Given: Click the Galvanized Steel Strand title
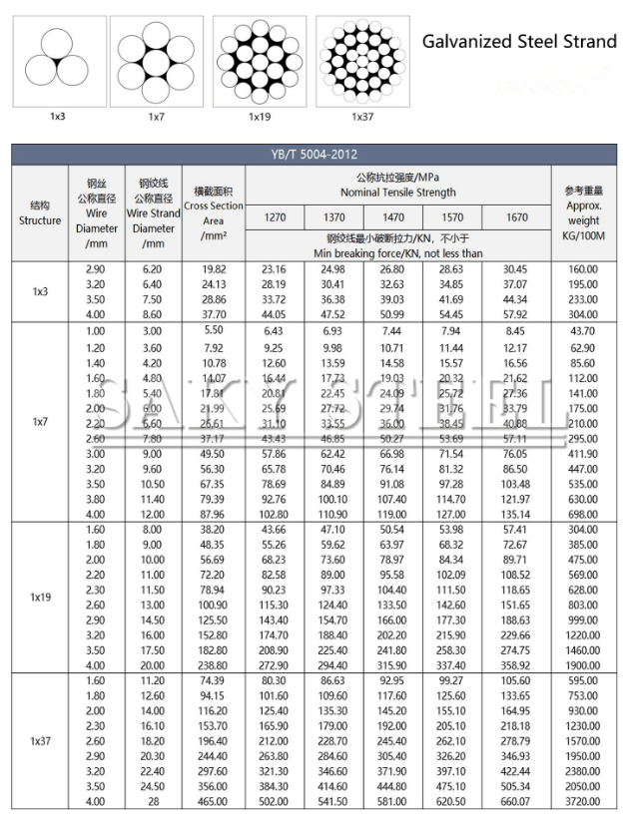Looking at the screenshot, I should (519, 42).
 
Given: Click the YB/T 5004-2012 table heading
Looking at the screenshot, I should (314, 154).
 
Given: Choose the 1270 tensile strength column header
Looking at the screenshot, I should (274, 216).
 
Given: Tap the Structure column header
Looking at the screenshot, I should (39, 213).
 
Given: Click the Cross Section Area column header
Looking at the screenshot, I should (214, 213).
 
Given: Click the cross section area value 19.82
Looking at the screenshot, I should (214, 269).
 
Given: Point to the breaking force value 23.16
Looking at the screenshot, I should (274, 269).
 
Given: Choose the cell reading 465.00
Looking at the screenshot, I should (214, 801).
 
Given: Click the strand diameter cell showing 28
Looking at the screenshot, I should (153, 801).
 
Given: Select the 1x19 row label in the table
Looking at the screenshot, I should (39, 597).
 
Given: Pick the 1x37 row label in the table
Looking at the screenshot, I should (39, 741).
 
